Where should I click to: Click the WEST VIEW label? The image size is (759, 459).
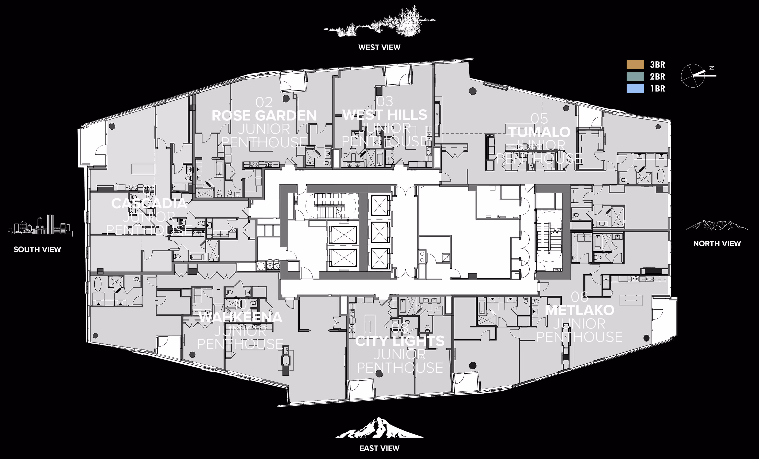(379, 47)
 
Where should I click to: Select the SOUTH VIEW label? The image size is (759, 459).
(37, 249)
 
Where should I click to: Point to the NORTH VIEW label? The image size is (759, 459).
(717, 244)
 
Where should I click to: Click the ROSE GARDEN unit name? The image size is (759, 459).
(264, 116)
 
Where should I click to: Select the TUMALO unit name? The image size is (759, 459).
(539, 132)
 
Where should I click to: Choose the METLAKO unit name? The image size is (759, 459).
(579, 310)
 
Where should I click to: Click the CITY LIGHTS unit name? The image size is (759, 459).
(400, 341)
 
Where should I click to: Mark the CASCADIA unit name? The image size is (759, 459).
(149, 203)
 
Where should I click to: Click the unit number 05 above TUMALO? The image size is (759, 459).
(539, 119)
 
